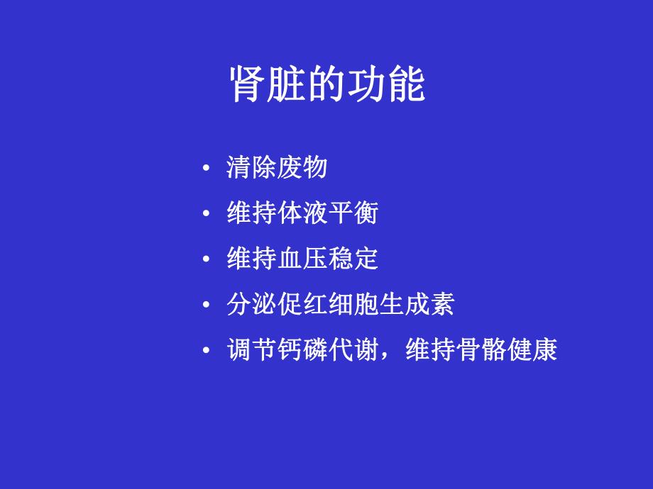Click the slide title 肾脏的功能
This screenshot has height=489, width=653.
click(327, 84)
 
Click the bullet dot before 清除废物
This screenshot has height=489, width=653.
click(206, 169)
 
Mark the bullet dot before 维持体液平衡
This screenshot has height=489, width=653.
click(206, 214)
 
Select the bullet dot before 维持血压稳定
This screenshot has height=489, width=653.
click(206, 259)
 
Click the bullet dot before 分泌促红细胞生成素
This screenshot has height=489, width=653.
click(206, 305)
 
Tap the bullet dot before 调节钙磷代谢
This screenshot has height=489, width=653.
click(206, 351)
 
